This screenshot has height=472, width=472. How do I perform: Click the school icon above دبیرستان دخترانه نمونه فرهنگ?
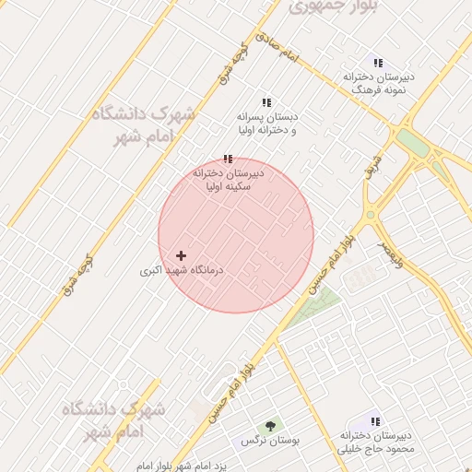coord(377,62)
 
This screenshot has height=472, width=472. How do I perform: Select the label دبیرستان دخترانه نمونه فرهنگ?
coord(379,84)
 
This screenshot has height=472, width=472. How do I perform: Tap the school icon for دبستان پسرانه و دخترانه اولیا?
coord(266,102)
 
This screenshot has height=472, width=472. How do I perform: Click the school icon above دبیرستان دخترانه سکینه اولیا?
coord(228,159)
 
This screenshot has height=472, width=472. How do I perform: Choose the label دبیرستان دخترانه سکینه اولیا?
coord(229,179)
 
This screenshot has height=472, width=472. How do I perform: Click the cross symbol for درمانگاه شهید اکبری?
coord(181,255)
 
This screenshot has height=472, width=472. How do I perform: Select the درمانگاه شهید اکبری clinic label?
coord(183,271)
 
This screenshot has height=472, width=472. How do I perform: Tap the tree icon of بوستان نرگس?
coord(270,426)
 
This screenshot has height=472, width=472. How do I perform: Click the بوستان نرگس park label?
coord(271,442)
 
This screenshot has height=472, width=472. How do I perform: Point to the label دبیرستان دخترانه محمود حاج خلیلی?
coord(377,442)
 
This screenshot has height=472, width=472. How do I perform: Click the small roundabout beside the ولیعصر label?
coord(371,216)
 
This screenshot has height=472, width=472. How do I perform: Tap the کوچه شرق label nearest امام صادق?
coord(235,62)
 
